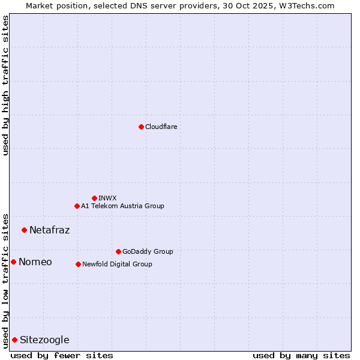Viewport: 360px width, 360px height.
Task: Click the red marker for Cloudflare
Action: coord(141,127)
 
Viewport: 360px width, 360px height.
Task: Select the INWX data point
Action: coord(94,198)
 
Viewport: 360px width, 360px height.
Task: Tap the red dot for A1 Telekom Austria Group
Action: coord(77,206)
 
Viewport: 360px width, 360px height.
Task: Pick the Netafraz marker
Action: coord(24,230)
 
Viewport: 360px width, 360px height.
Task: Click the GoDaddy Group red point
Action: coord(118,251)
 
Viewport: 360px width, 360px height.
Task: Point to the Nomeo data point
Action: coord(13,262)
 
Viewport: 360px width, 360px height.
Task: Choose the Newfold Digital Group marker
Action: coord(78,264)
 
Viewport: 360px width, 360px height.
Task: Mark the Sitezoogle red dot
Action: coord(14,340)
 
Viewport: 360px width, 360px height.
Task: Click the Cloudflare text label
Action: coord(161,127)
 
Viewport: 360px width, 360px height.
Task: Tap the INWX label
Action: coord(107,198)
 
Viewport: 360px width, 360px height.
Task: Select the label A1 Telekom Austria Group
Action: coord(122,206)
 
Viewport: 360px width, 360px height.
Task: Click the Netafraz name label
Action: coord(49,230)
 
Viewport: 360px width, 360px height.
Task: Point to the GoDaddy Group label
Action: coord(148,251)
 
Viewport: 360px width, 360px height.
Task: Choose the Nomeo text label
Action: coord(35,262)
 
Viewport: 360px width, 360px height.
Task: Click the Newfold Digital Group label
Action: coord(117,264)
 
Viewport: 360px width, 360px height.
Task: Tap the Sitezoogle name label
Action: coord(44,340)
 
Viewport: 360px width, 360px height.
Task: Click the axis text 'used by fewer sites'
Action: coord(62,355)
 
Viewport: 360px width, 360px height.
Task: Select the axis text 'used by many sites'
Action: coord(301,355)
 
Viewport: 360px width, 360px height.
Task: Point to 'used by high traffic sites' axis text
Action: coord(5,85)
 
